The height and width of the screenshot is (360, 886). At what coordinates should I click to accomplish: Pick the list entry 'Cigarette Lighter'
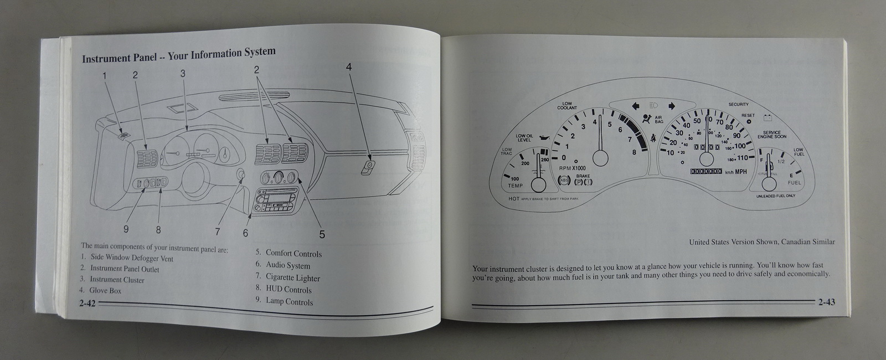click(x=292, y=277)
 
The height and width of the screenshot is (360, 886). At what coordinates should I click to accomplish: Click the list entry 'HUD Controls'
click(x=289, y=290)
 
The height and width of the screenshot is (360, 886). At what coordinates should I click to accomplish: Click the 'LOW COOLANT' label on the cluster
click(x=567, y=105)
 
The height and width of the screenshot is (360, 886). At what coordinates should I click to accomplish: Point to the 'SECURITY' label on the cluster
click(x=739, y=105)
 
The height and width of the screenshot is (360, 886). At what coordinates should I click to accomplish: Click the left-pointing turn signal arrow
click(x=635, y=105)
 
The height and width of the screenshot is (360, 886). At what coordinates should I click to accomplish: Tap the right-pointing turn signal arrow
click(x=672, y=105)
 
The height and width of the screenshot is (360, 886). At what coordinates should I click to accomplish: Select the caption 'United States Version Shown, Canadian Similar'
click(x=762, y=242)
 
